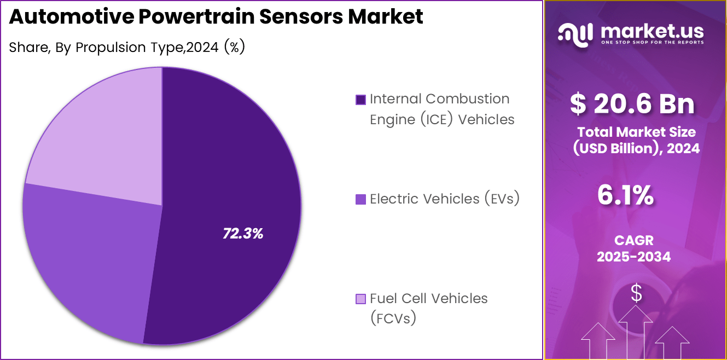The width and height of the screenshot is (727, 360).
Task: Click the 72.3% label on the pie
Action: (x=243, y=234)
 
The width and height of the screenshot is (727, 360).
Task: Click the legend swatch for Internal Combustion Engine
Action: (x=360, y=100)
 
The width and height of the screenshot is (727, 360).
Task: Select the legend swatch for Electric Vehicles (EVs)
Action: (x=360, y=199)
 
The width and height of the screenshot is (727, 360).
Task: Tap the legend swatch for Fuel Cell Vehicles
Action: (x=360, y=299)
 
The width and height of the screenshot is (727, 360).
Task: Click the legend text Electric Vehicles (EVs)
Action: (x=444, y=199)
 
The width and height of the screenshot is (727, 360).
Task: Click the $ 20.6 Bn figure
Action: (x=632, y=104)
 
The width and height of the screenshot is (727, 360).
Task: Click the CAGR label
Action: (x=633, y=240)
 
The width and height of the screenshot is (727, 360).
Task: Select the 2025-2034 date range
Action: (x=633, y=257)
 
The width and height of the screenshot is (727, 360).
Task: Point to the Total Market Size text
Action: (x=636, y=132)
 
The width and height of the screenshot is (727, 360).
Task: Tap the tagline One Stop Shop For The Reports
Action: (x=652, y=42)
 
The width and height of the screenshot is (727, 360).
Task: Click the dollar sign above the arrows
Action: (x=636, y=294)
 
